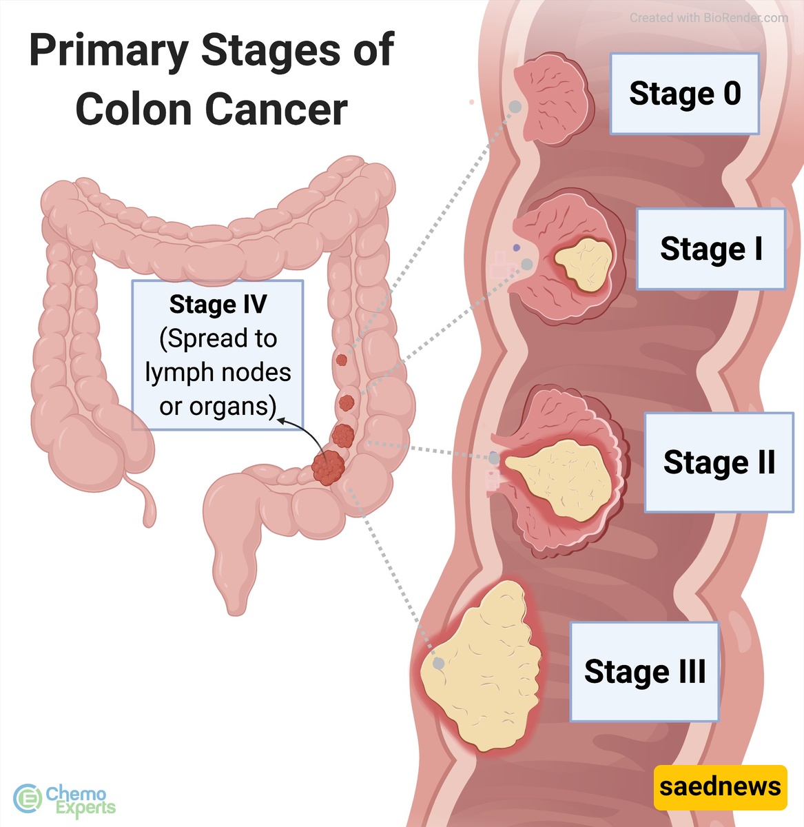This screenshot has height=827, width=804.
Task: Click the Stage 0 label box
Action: coord(685,94)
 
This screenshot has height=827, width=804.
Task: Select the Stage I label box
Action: coord(711,249)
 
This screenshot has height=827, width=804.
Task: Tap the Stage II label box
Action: coord(719,462)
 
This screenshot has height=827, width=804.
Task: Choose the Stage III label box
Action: coord(645,672)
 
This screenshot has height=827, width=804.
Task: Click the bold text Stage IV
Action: coord(218,305)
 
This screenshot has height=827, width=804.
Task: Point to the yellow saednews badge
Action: coord(720,788)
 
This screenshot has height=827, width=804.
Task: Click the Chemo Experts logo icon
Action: coord(27,799)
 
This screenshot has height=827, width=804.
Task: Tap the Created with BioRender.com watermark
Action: coord(709,18)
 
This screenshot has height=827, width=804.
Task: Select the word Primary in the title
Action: coord(110,50)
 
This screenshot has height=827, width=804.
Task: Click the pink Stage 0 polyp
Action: coord(552,99)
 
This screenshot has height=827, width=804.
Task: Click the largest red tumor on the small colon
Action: coord(328,467)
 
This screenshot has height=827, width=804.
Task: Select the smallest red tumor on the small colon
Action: coord(341,360)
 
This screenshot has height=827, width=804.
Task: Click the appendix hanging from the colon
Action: coord(146,502)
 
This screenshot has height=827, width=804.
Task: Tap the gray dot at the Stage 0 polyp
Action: coord(515,107)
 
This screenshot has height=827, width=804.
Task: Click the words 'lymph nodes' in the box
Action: coord(218,373)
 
